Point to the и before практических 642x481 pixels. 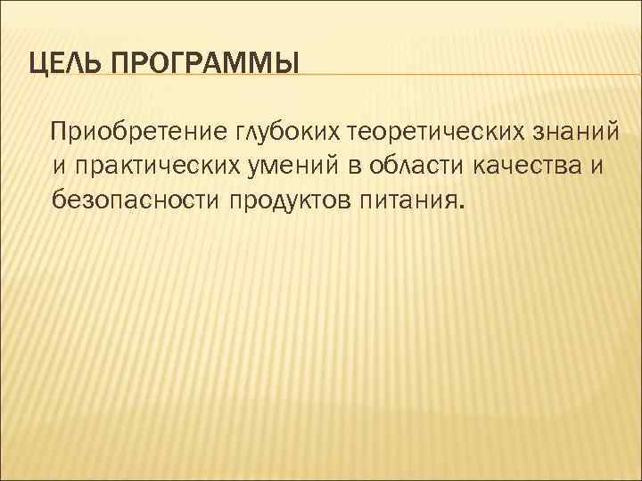59,165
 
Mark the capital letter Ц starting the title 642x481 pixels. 37,64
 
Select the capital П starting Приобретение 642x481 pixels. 60,134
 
